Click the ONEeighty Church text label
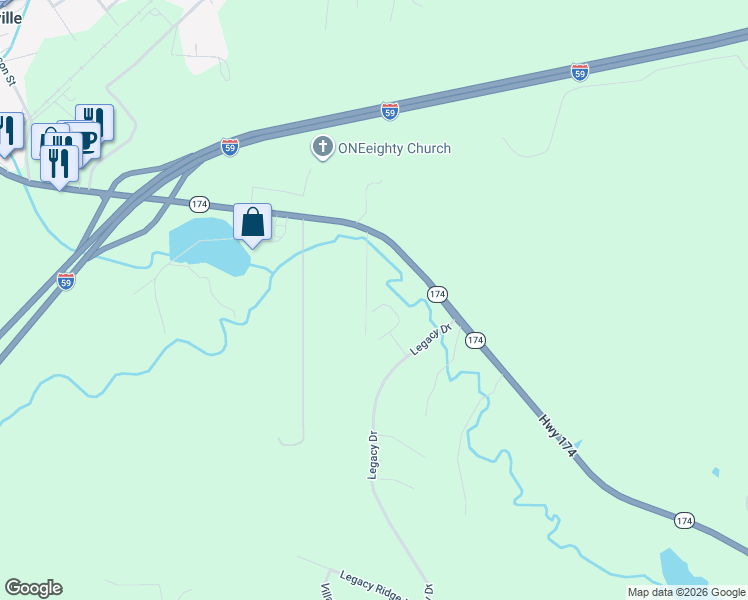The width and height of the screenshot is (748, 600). coord(394,149)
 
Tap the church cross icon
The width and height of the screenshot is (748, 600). coord(322,149)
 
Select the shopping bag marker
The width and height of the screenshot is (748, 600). coord(253,222)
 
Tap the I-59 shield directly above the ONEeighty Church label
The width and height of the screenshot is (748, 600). coord(390,110)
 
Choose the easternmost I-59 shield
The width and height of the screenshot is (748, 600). coord(580,71)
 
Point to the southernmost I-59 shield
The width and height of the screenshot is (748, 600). coord(66,281)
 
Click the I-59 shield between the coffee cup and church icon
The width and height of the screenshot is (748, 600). coord(230,147)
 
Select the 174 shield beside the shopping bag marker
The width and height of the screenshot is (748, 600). coord(199,204)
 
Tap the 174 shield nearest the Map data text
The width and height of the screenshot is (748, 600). coord(684,521)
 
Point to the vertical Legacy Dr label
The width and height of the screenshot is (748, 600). coord(373,455)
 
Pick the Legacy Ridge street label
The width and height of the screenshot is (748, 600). coord(374,583)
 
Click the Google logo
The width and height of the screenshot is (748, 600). coord(33,588)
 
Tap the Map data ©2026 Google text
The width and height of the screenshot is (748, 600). coord(686,592)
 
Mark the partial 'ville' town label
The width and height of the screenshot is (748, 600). coord(11,17)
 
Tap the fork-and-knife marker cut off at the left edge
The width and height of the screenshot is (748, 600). coord(7,131)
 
